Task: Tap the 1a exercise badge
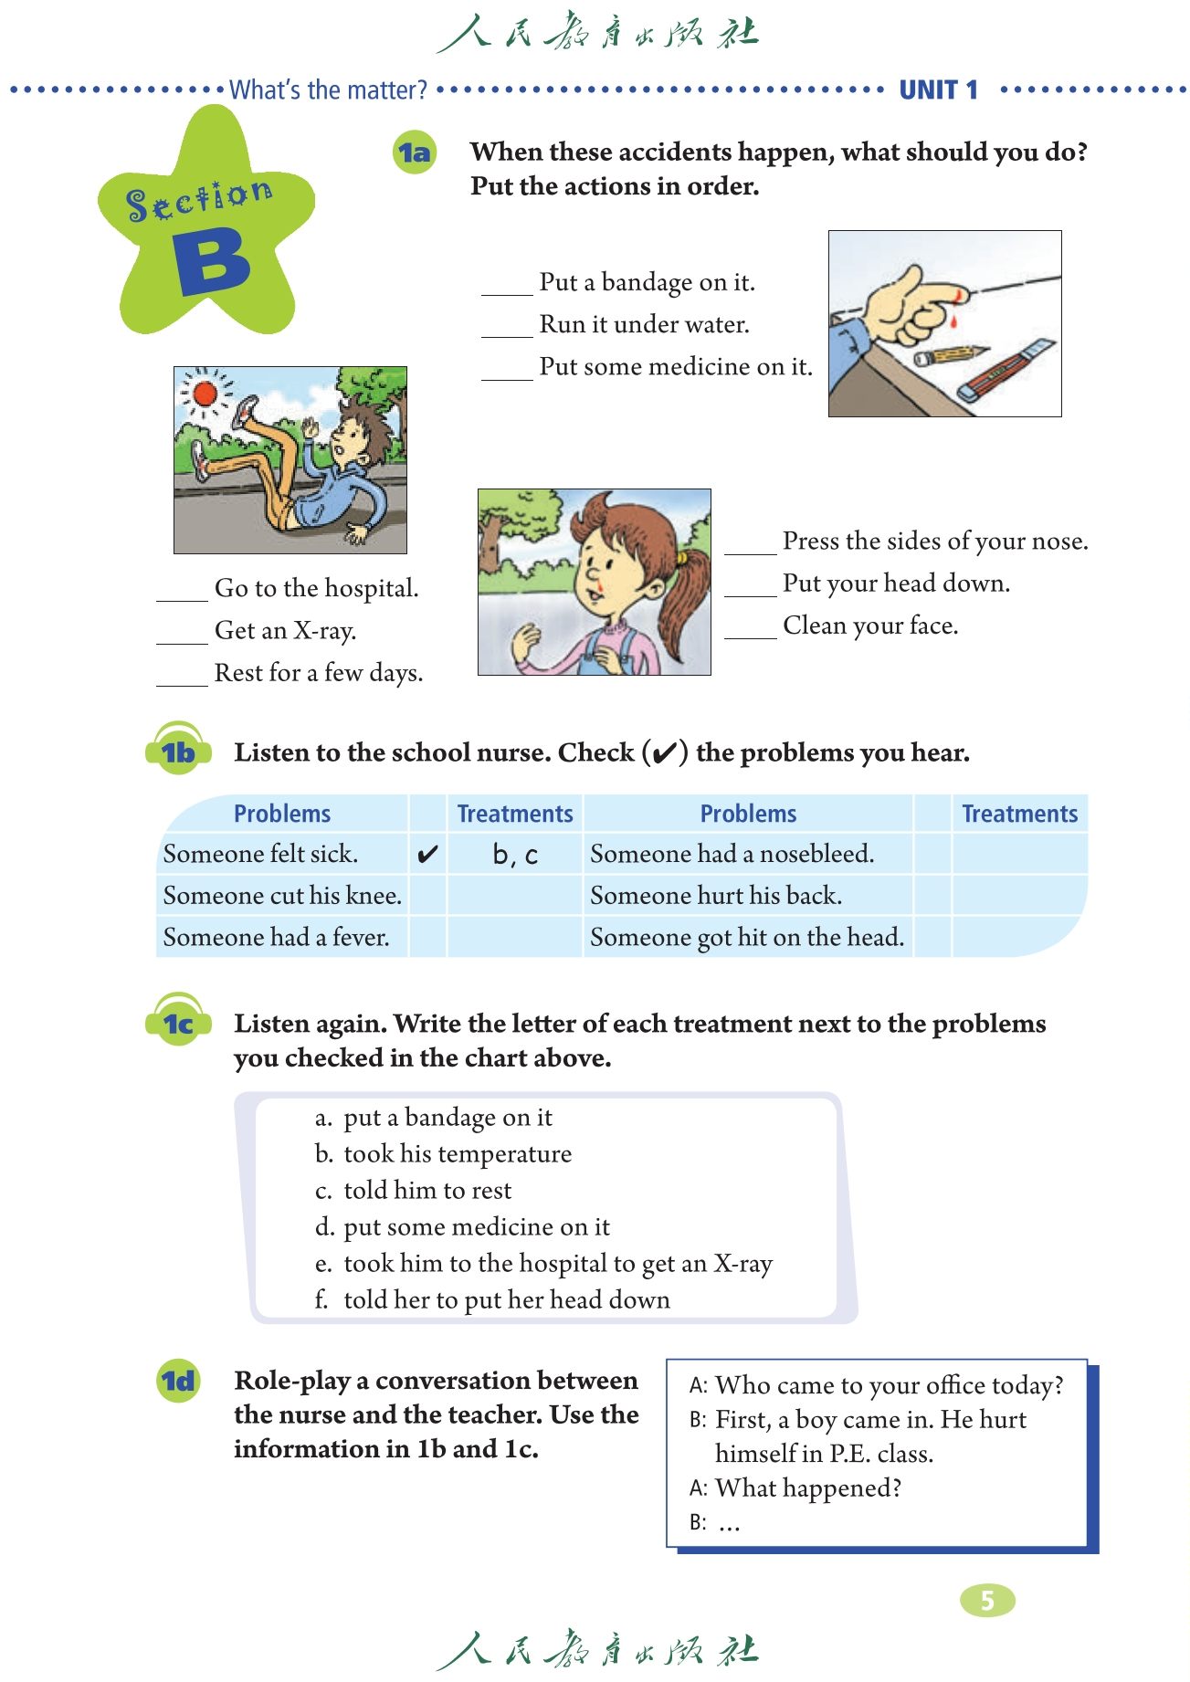(x=415, y=152)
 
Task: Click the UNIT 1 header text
(x=938, y=89)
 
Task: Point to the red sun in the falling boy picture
(x=205, y=394)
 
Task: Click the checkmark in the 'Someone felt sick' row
(x=427, y=855)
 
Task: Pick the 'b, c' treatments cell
(x=515, y=855)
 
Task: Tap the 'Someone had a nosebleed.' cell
(x=732, y=854)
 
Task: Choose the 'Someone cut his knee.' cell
(x=282, y=896)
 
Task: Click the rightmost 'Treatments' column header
(x=1019, y=814)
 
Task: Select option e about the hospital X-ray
(x=543, y=1264)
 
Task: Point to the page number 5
(x=987, y=1600)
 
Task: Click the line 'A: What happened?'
(x=795, y=1488)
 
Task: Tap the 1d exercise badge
(x=178, y=1381)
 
